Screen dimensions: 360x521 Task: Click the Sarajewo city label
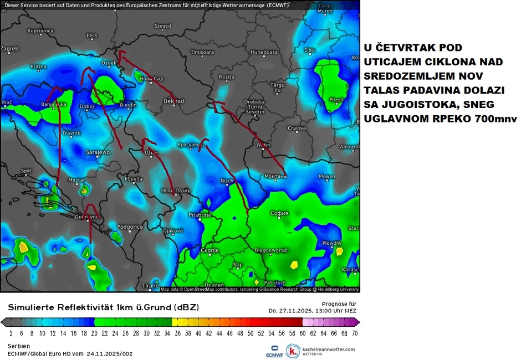click(98, 152)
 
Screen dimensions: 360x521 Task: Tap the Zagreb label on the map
click(9, 49)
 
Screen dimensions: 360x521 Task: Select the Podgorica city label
click(130, 227)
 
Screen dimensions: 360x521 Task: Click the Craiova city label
click(297, 128)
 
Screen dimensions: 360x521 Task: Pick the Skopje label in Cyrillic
click(210, 250)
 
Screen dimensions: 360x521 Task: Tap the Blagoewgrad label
click(270, 250)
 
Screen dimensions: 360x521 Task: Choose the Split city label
click(26, 171)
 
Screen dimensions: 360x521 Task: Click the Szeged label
click(162, 26)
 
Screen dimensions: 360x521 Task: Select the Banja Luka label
click(54, 104)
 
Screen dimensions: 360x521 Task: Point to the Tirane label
click(150, 286)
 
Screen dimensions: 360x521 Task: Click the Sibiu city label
click(309, 50)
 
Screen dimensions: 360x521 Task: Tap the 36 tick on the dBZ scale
click(177, 333)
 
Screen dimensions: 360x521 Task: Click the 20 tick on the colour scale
click(94, 333)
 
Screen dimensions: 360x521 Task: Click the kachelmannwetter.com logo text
click(328, 349)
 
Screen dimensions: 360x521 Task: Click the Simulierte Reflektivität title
click(103, 307)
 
